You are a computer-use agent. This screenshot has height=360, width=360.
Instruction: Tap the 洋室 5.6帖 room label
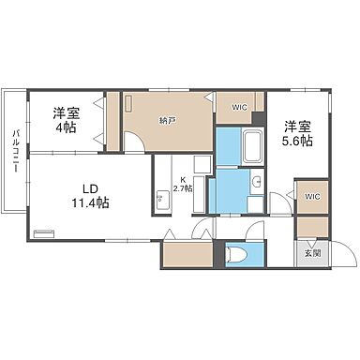[x=298, y=133]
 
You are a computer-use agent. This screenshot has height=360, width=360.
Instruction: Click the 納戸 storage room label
[x=168, y=120]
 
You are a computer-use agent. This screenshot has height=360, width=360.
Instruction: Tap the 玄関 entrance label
[x=311, y=252]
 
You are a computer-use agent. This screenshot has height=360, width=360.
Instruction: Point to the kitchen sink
[x=161, y=198]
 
